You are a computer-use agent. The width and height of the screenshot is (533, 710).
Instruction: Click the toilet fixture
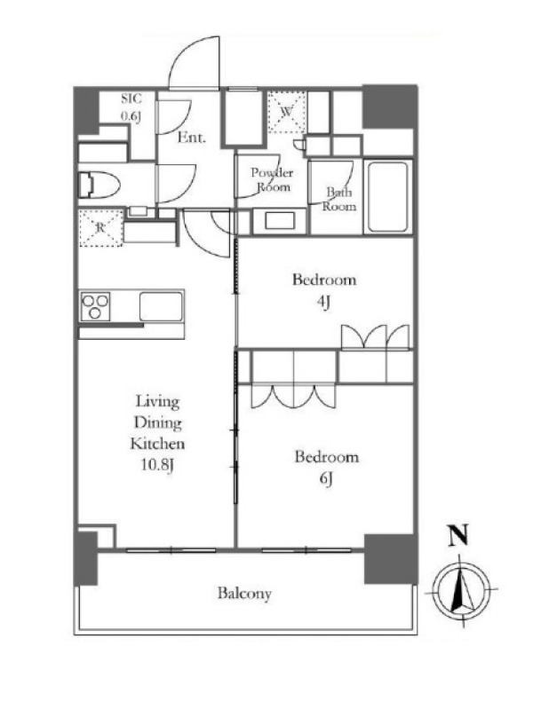(x=99, y=185)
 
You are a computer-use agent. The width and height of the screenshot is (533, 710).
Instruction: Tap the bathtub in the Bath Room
(x=387, y=196)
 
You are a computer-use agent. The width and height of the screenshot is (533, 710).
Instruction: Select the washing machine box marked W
(x=286, y=112)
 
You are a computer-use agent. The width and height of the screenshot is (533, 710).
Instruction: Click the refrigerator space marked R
(x=101, y=228)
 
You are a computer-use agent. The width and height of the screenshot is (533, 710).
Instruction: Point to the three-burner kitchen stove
(x=95, y=306)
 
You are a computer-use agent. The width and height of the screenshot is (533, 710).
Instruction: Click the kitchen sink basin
(x=161, y=306)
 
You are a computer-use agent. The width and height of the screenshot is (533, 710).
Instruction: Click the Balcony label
(x=244, y=594)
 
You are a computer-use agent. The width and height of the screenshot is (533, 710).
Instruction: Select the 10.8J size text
(x=157, y=465)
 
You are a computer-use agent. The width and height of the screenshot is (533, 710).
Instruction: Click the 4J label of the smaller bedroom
(x=323, y=302)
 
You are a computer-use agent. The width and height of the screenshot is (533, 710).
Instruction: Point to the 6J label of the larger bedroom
(x=326, y=478)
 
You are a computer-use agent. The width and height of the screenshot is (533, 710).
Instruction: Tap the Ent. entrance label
(x=191, y=138)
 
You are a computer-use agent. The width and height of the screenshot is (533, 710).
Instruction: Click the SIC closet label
(x=131, y=99)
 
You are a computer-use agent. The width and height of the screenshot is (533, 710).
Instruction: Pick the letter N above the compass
(x=458, y=536)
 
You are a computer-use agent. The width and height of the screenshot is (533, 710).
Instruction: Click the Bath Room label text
(x=339, y=199)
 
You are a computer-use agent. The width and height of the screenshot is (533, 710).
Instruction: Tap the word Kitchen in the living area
(x=158, y=444)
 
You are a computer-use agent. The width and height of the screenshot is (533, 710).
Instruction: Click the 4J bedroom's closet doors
(x=375, y=337)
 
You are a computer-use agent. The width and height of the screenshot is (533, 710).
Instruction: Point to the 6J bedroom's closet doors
(x=294, y=396)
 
